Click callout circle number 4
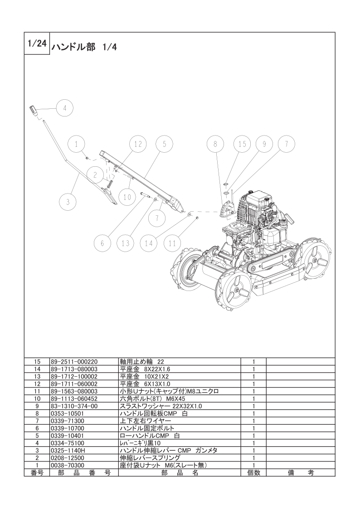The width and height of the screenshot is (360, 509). pyautogui.click(x=65, y=108)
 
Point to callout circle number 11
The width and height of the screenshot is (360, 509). pyautogui.click(x=172, y=243)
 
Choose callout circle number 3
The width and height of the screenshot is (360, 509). pyautogui.click(x=68, y=202)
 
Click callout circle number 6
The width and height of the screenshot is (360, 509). pyautogui.click(x=102, y=243)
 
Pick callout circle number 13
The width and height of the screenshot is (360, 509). pyautogui.click(x=126, y=243)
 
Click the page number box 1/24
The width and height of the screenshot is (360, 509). pyautogui.click(x=37, y=44)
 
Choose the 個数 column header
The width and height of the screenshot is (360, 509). pyautogui.click(x=253, y=472)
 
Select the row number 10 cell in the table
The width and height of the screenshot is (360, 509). pyautogui.click(x=38, y=398)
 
